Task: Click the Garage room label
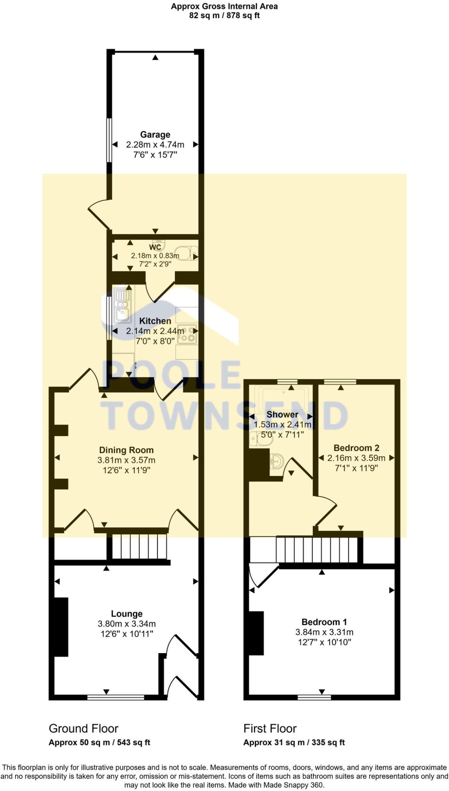tap(155, 134)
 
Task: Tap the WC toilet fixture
tap(188, 253)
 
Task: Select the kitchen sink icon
tap(122, 306)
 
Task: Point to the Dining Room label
tap(126, 450)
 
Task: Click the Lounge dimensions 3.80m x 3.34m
tap(126, 624)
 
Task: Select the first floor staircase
tap(316, 550)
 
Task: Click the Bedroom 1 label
tap(324, 622)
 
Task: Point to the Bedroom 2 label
tap(356, 448)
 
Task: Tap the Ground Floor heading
tap(83, 728)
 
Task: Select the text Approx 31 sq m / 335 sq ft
tap(294, 742)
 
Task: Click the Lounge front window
tap(116, 697)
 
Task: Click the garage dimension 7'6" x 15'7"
tap(155, 155)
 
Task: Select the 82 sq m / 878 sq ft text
tap(224, 16)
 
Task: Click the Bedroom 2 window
tap(340, 382)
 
